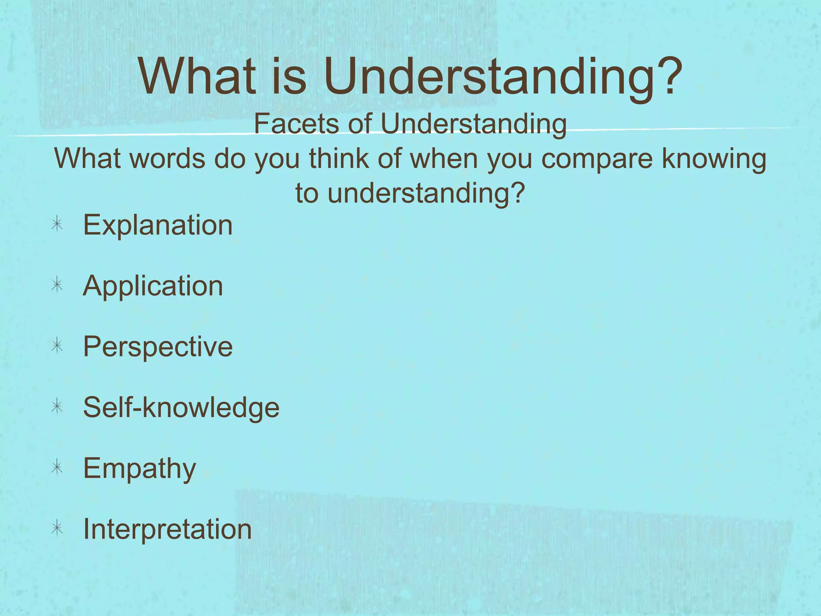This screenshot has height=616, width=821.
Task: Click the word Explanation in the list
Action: [158, 225]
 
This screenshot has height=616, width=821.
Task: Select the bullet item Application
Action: [153, 286]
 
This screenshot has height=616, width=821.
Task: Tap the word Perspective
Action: [158, 347]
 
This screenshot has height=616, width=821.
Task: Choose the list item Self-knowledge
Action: [181, 407]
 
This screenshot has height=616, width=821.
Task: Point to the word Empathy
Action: [140, 468]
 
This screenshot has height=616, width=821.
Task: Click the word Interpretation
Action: [167, 529]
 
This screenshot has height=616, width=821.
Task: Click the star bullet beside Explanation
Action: [57, 225]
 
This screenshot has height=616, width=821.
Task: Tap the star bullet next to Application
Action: [57, 286]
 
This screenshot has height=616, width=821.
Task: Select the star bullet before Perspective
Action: [57, 346]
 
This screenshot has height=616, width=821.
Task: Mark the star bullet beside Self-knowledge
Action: [57, 407]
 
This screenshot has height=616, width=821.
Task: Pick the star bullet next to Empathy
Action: [57, 468]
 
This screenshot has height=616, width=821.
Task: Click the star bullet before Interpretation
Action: [57, 529]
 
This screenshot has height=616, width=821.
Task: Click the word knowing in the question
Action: [714, 159]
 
